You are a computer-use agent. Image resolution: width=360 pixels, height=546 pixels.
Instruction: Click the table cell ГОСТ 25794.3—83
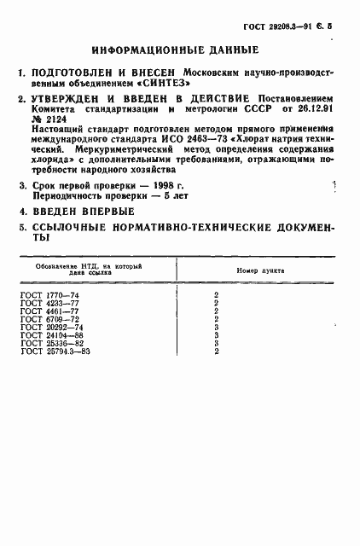52,351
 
